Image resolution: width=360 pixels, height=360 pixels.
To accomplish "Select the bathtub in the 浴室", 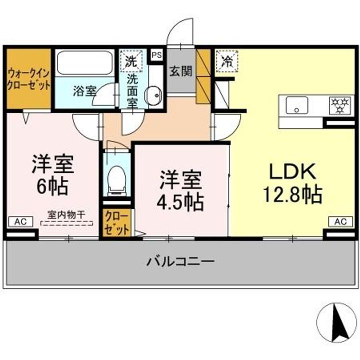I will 83,63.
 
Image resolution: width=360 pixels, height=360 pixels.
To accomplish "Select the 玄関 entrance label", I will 180,71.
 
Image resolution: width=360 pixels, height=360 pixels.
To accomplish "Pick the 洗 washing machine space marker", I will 130,62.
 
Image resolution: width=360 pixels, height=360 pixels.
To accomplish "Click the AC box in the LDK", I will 340,221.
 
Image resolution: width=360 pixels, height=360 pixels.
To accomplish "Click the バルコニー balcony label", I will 180,261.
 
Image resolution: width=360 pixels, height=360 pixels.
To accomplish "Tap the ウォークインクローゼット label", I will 28,78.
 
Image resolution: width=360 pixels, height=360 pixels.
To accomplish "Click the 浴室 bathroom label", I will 84,91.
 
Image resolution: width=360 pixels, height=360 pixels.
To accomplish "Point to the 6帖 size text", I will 52,186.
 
